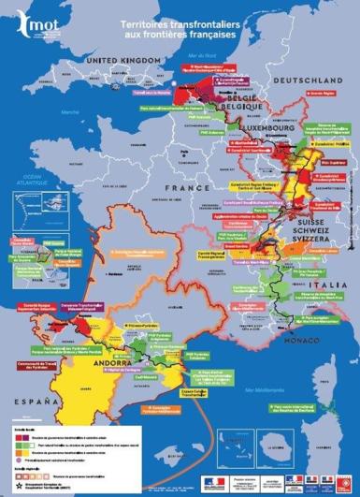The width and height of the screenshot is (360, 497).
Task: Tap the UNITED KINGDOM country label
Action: (x=120, y=61)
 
